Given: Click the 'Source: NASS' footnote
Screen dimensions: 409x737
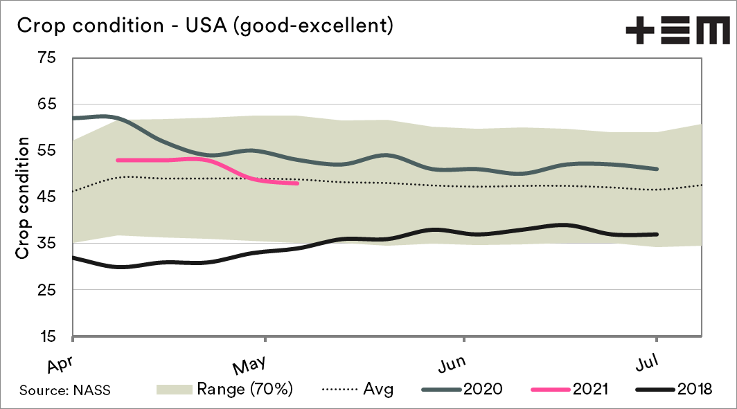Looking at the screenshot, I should tap(64, 390).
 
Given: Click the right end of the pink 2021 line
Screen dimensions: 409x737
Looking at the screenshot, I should tap(297, 183).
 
